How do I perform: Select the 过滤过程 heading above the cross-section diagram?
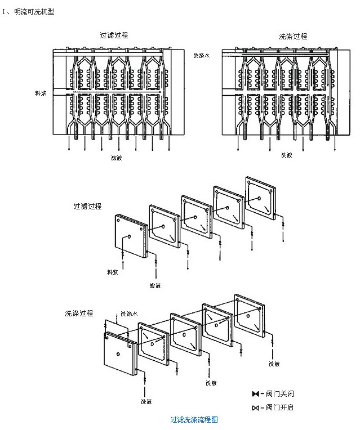click(114, 35)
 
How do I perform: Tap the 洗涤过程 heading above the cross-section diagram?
click(293, 36)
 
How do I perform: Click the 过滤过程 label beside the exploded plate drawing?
click(87, 207)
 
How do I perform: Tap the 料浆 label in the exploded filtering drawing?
click(113, 272)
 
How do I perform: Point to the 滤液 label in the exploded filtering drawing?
click(155, 285)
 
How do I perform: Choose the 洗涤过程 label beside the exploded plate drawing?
click(79, 313)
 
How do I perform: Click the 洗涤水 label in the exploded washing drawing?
click(128, 314)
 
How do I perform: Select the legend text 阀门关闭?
click(280, 394)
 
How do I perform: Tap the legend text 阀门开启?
click(280, 407)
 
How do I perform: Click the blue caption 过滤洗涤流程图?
click(194, 420)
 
